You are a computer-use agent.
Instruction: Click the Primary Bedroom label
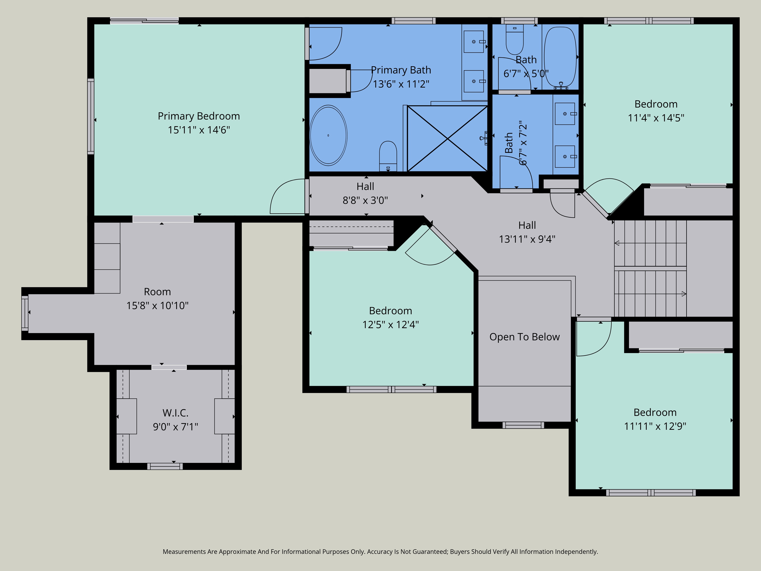199,116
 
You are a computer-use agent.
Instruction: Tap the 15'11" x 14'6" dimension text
199,130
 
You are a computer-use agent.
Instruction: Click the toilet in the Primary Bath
388,156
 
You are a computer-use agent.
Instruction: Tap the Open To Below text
525,337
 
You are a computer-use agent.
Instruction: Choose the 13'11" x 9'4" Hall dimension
527,239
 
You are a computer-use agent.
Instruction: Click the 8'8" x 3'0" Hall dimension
365,200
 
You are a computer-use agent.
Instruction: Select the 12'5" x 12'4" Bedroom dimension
390,325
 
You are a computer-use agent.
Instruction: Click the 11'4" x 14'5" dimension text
656,118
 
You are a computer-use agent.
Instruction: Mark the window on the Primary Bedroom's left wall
91,116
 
